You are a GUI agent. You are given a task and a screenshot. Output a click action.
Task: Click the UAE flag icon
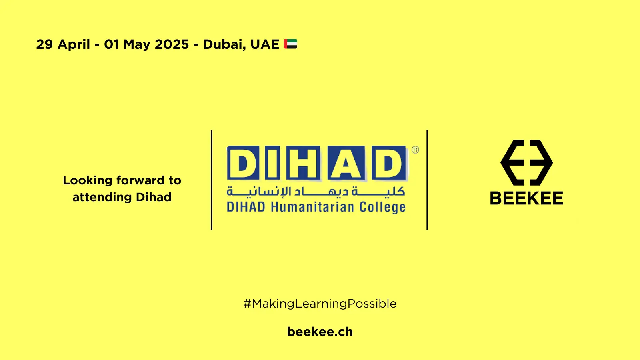pos(290,44)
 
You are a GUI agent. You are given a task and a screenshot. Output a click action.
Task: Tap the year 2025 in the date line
pos(172,44)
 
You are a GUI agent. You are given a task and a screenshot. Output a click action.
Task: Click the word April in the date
pos(74,45)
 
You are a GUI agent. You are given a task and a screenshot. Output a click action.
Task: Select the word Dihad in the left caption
pos(154,197)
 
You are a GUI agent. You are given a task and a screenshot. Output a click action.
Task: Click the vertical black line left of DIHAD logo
pos(212,180)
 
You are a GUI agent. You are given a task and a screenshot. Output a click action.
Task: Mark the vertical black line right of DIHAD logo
pos(427,180)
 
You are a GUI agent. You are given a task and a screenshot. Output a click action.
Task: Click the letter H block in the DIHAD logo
pos(303,163)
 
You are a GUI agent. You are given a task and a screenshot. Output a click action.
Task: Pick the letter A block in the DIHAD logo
pos(346,163)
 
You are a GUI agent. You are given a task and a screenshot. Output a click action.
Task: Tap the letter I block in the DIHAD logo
pos(272,163)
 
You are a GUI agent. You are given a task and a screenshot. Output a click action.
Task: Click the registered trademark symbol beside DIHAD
pos(416,150)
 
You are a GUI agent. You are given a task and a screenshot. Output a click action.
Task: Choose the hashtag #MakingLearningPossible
pos(320,304)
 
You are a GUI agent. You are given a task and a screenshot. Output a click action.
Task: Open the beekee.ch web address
pos(320,332)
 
